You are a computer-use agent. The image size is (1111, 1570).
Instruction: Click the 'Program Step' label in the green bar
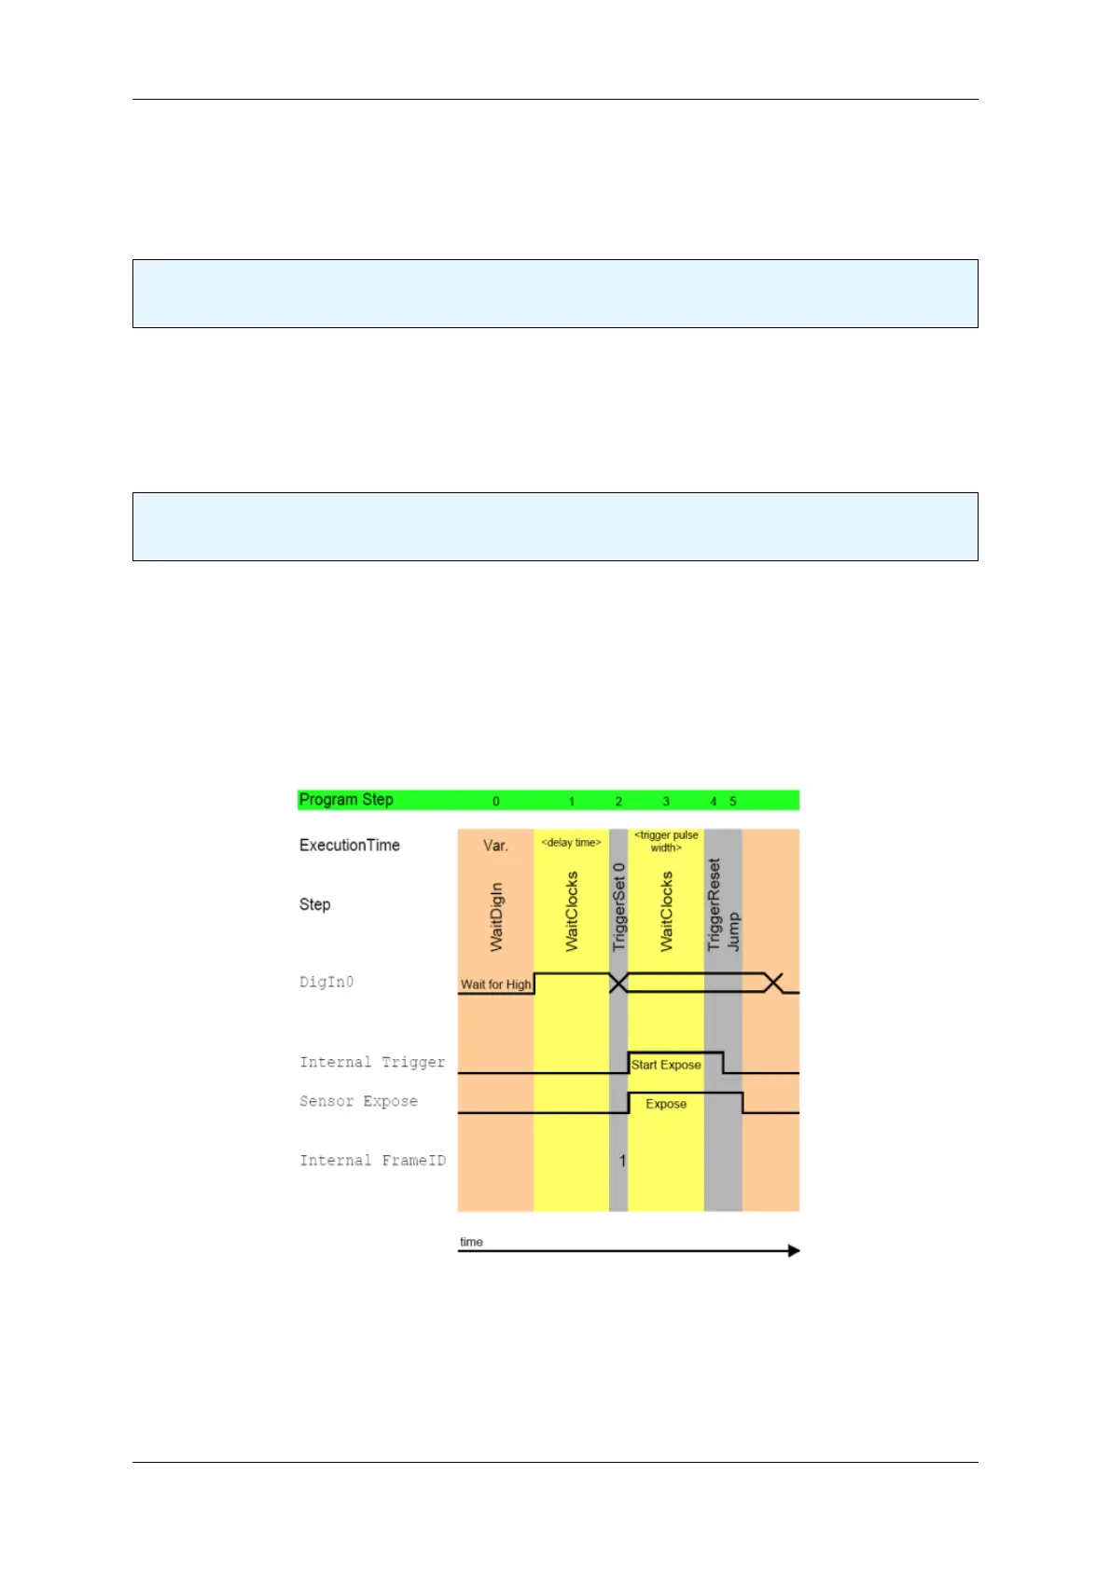click(x=346, y=800)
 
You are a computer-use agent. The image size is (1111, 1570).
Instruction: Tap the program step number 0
click(x=496, y=802)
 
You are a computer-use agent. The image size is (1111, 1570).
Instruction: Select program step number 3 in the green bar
click(x=666, y=802)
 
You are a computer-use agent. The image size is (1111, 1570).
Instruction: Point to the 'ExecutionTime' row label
click(x=350, y=846)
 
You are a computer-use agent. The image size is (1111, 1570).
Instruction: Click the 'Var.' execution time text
click(x=495, y=846)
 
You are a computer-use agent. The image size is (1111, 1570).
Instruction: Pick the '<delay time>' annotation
click(x=572, y=843)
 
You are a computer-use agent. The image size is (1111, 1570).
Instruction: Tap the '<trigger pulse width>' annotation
click(x=666, y=841)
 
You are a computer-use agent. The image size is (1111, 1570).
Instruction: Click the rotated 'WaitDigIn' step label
click(x=496, y=916)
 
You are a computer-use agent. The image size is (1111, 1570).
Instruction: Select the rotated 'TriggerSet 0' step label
click(x=618, y=907)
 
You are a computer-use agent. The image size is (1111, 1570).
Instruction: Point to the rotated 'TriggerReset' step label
click(x=715, y=904)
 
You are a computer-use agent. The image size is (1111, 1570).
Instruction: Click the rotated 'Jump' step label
click(x=734, y=931)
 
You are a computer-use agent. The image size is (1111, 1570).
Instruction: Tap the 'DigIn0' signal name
click(x=326, y=983)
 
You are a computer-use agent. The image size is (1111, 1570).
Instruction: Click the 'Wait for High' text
click(x=495, y=985)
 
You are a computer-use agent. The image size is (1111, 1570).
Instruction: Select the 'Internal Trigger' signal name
click(x=372, y=1063)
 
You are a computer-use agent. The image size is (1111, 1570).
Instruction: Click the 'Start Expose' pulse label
click(x=666, y=1065)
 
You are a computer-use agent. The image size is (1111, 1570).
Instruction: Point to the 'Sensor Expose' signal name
click(x=358, y=1102)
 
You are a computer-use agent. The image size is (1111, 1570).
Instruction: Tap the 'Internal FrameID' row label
click(x=372, y=1161)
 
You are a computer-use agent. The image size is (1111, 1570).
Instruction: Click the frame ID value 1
click(x=622, y=1162)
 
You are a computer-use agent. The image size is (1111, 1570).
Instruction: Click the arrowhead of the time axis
click(x=794, y=1251)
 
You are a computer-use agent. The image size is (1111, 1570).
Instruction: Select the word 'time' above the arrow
click(x=472, y=1242)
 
